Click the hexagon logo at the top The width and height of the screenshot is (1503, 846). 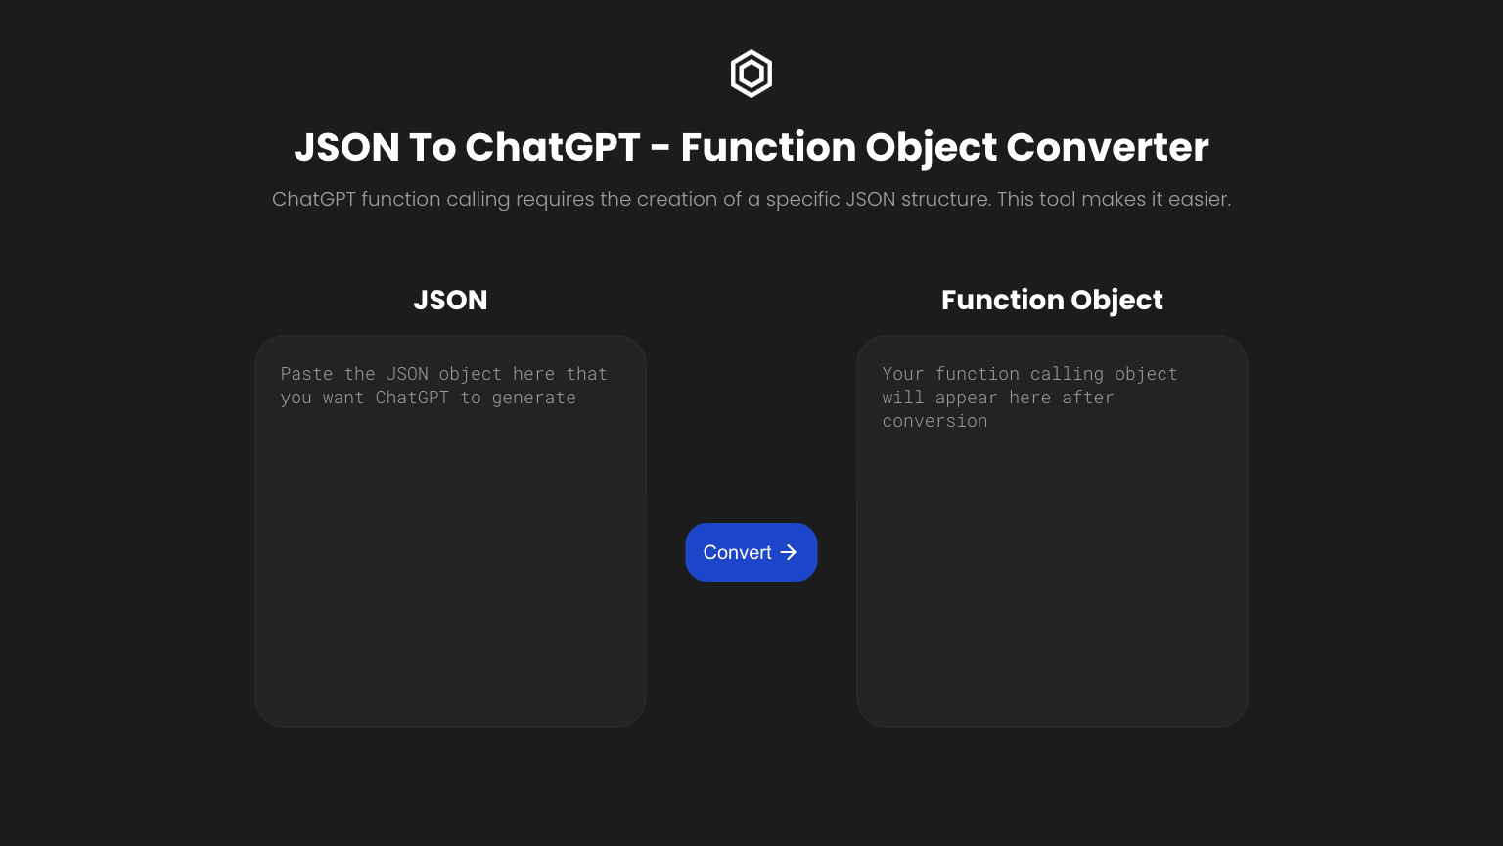[751, 73]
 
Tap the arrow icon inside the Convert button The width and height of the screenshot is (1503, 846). [789, 552]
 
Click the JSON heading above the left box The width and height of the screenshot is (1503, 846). [450, 301]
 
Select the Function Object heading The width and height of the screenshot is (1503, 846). [1052, 301]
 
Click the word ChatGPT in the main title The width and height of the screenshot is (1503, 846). [552, 147]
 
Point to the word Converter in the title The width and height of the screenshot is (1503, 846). [1107, 147]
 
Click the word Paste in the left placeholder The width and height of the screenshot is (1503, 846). [306, 374]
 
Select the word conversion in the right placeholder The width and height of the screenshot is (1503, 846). [934, 421]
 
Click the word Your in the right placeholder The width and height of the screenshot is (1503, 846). [903, 374]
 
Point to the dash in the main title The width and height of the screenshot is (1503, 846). [660, 149]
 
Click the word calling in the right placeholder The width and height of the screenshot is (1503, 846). [1067, 375]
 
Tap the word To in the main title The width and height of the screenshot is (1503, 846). [433, 147]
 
